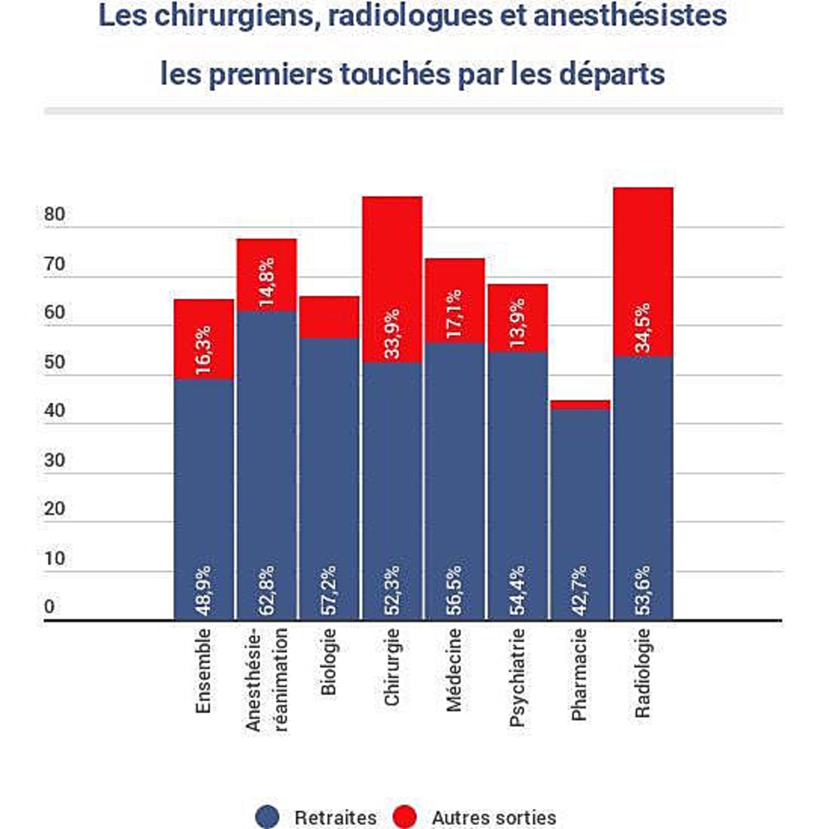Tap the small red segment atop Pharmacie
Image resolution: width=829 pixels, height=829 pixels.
(580, 405)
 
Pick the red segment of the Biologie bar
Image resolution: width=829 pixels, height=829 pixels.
(329, 317)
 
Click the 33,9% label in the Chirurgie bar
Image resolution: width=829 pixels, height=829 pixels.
(392, 334)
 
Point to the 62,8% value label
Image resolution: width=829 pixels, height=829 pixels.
(266, 590)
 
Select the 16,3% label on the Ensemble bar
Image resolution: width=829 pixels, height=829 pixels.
(203, 350)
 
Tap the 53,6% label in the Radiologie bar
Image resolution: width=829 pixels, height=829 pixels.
(643, 590)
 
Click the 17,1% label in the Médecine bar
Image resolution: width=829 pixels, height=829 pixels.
(455, 313)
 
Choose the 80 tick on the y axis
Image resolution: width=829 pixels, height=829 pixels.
(55, 214)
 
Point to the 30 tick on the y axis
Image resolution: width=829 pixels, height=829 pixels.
(55, 460)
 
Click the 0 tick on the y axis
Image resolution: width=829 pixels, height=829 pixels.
(49, 608)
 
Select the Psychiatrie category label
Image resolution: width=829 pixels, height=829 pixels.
(517, 677)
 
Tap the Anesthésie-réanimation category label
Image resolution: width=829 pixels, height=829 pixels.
(266, 680)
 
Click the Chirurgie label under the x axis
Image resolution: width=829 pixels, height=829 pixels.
(392, 667)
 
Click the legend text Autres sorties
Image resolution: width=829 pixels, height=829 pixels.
(494, 817)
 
